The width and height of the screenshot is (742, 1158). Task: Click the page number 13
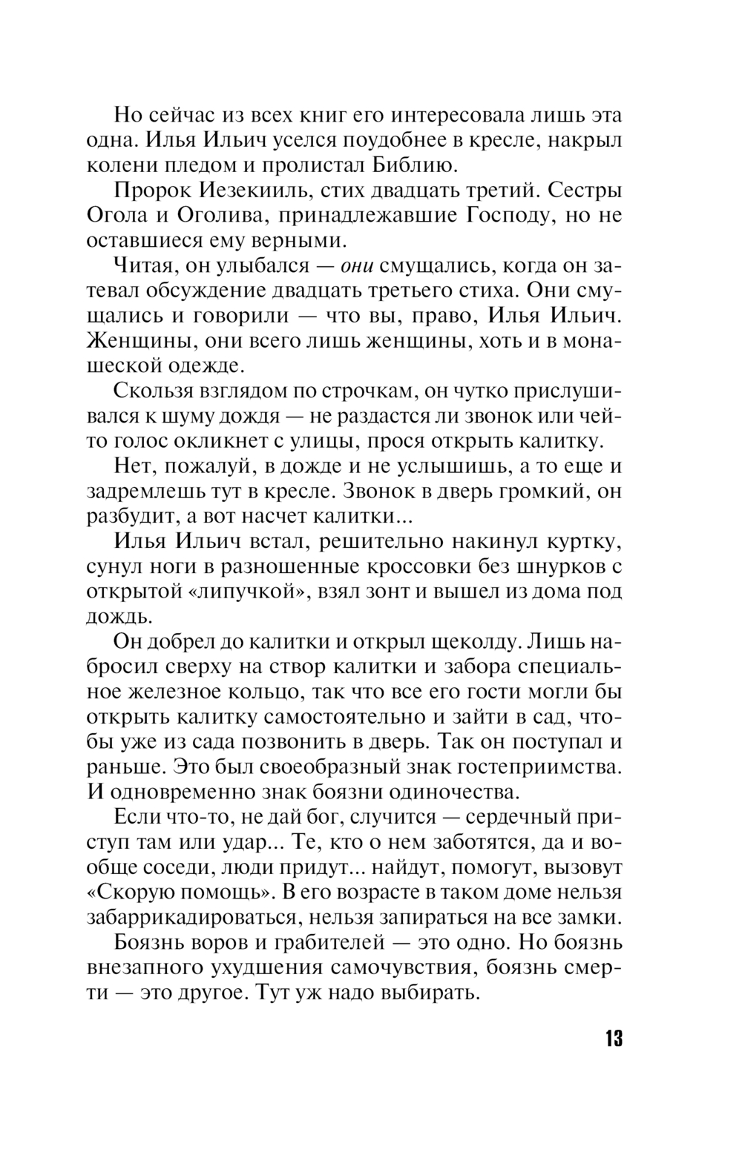(x=612, y=1038)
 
